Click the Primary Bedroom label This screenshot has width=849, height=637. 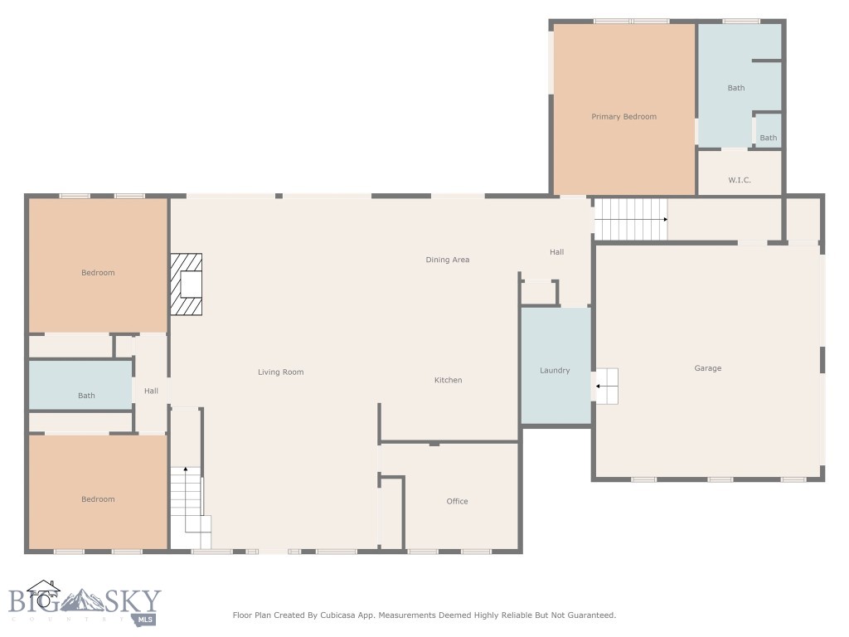[x=623, y=117]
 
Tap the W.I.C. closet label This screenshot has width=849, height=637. [x=740, y=180]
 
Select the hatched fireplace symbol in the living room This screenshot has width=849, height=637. [x=187, y=284]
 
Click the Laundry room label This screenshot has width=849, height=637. [x=555, y=371]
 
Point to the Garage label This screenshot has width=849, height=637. [x=708, y=368]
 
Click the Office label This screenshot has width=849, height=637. [x=457, y=501]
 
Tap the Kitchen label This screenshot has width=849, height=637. [x=449, y=380]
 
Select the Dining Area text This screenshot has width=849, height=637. [x=448, y=260]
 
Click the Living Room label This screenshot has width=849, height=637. [x=281, y=372]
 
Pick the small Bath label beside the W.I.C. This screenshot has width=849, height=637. [x=769, y=138]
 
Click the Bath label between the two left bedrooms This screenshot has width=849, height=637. [x=86, y=396]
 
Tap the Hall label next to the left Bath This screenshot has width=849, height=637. [x=151, y=391]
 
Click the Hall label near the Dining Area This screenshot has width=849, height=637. [x=556, y=252]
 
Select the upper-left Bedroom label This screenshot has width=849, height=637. [x=98, y=273]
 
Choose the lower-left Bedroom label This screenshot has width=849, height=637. [x=98, y=499]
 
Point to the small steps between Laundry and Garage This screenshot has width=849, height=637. [x=607, y=387]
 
